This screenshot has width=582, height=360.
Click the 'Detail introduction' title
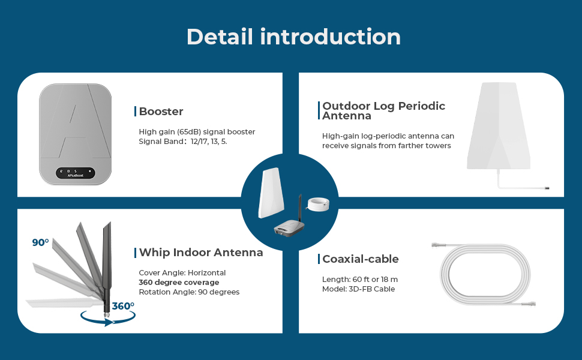[293, 37]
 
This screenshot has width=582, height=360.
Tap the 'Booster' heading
[161, 111]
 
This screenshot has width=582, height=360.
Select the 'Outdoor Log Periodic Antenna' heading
[383, 110]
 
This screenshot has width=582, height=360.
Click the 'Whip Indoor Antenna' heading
[200, 252]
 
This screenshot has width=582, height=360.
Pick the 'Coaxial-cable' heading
[360, 259]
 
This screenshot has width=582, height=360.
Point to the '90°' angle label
[40, 242]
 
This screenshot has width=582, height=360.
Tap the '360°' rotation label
[122, 306]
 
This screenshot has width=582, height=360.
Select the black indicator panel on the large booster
[76, 173]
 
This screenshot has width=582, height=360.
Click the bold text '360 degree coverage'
[179, 282]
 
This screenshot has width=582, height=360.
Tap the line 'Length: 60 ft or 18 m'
[360, 280]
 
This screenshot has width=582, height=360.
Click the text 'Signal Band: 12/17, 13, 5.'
[183, 142]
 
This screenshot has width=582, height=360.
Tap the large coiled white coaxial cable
[486, 273]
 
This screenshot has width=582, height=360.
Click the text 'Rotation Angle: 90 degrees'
[189, 292]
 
